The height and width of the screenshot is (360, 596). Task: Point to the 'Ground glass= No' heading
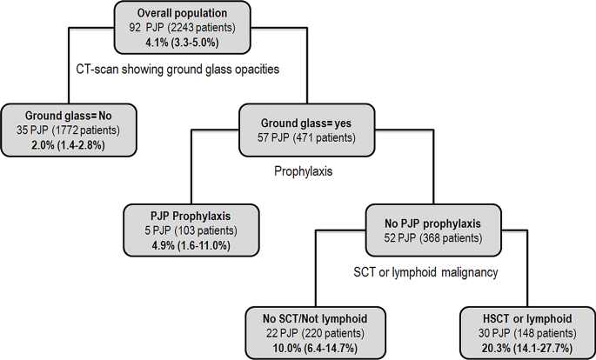69,114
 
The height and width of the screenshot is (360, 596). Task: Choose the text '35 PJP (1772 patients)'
69,128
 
